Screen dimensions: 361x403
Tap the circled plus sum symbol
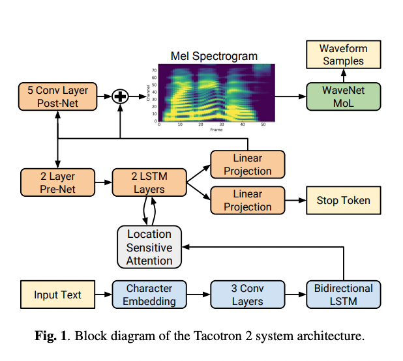(119, 96)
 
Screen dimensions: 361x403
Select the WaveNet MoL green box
(343, 96)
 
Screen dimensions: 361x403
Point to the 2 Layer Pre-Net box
(57, 182)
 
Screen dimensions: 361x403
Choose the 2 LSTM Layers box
(149, 182)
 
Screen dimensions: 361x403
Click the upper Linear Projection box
(247, 164)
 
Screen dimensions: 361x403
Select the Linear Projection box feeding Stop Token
(247, 200)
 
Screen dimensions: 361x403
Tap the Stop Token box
(343, 200)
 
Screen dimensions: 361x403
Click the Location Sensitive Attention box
(149, 248)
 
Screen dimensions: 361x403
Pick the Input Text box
(57, 295)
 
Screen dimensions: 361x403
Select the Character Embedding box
(149, 295)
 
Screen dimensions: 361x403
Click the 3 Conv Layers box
(247, 295)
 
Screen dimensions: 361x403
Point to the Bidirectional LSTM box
(343, 295)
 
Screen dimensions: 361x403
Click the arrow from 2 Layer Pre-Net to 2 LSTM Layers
(102, 182)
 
